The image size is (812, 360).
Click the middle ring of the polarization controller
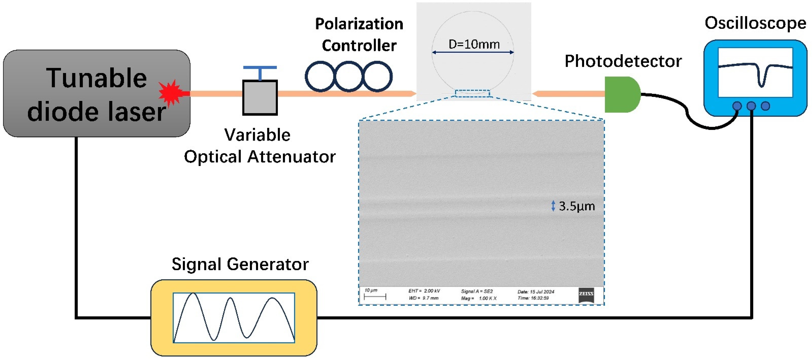[x=349, y=77]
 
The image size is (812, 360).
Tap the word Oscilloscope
[x=755, y=23]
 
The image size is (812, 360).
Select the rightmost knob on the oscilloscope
[x=765, y=106]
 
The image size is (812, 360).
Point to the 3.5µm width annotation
[x=576, y=206]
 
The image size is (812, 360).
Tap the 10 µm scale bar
[x=375, y=296]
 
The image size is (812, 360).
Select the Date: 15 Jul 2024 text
[x=535, y=292]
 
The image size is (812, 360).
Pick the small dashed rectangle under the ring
[x=472, y=93]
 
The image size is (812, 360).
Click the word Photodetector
[x=623, y=61]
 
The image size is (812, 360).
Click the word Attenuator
[x=292, y=157]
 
